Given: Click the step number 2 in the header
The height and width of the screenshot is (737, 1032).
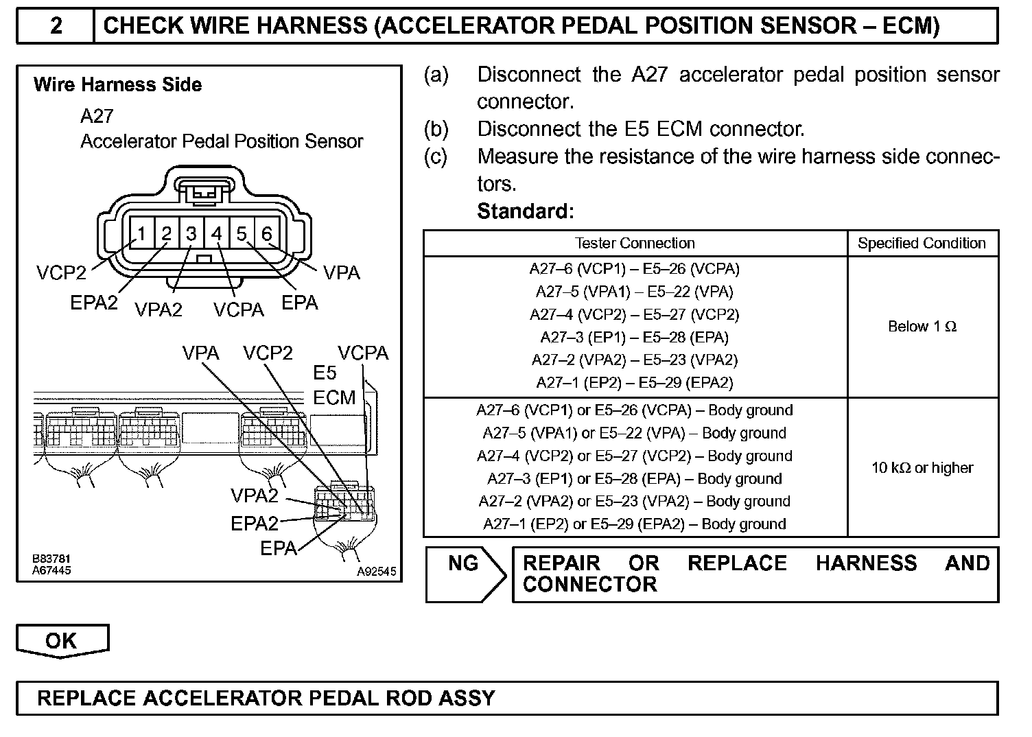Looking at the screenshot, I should pyautogui.click(x=56, y=26).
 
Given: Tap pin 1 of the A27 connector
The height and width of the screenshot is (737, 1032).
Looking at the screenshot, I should pyautogui.click(x=141, y=234).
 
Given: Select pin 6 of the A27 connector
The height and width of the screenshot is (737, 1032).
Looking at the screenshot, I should pyautogui.click(x=267, y=234).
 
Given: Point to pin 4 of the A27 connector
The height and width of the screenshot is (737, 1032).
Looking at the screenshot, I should pyautogui.click(x=217, y=234).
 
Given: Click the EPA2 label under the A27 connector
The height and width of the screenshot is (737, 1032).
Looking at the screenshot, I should pyautogui.click(x=94, y=303).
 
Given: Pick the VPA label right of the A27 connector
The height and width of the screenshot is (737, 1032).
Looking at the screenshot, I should pyautogui.click(x=342, y=272).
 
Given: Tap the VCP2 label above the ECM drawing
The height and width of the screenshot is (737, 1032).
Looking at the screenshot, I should pyautogui.click(x=268, y=353).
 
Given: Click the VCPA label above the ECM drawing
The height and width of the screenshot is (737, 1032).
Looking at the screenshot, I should pyautogui.click(x=363, y=353).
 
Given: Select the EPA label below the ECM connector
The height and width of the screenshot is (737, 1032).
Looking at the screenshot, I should pyautogui.click(x=279, y=548).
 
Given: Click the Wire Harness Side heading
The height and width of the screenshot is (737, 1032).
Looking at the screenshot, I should pyautogui.click(x=117, y=85).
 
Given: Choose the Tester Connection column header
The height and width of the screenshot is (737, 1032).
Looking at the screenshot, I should pyautogui.click(x=635, y=243).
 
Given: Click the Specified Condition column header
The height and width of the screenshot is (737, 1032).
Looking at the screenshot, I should pyautogui.click(x=922, y=243).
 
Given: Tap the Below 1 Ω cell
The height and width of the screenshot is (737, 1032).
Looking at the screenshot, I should pyautogui.click(x=922, y=327).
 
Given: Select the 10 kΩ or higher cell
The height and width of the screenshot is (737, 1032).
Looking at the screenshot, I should pyautogui.click(x=922, y=468).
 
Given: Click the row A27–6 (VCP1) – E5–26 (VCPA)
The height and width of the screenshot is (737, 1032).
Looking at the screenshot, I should pyautogui.click(x=635, y=269).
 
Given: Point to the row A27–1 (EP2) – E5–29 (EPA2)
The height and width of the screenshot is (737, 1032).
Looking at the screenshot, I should pyautogui.click(x=635, y=383).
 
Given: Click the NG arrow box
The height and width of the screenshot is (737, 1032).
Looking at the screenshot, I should pyautogui.click(x=465, y=574).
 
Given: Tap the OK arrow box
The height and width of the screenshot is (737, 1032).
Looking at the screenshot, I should pyautogui.click(x=62, y=641).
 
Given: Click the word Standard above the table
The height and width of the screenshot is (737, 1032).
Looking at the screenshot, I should pyautogui.click(x=524, y=211).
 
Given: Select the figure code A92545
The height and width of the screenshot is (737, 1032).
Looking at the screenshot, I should pyautogui.click(x=376, y=572).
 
